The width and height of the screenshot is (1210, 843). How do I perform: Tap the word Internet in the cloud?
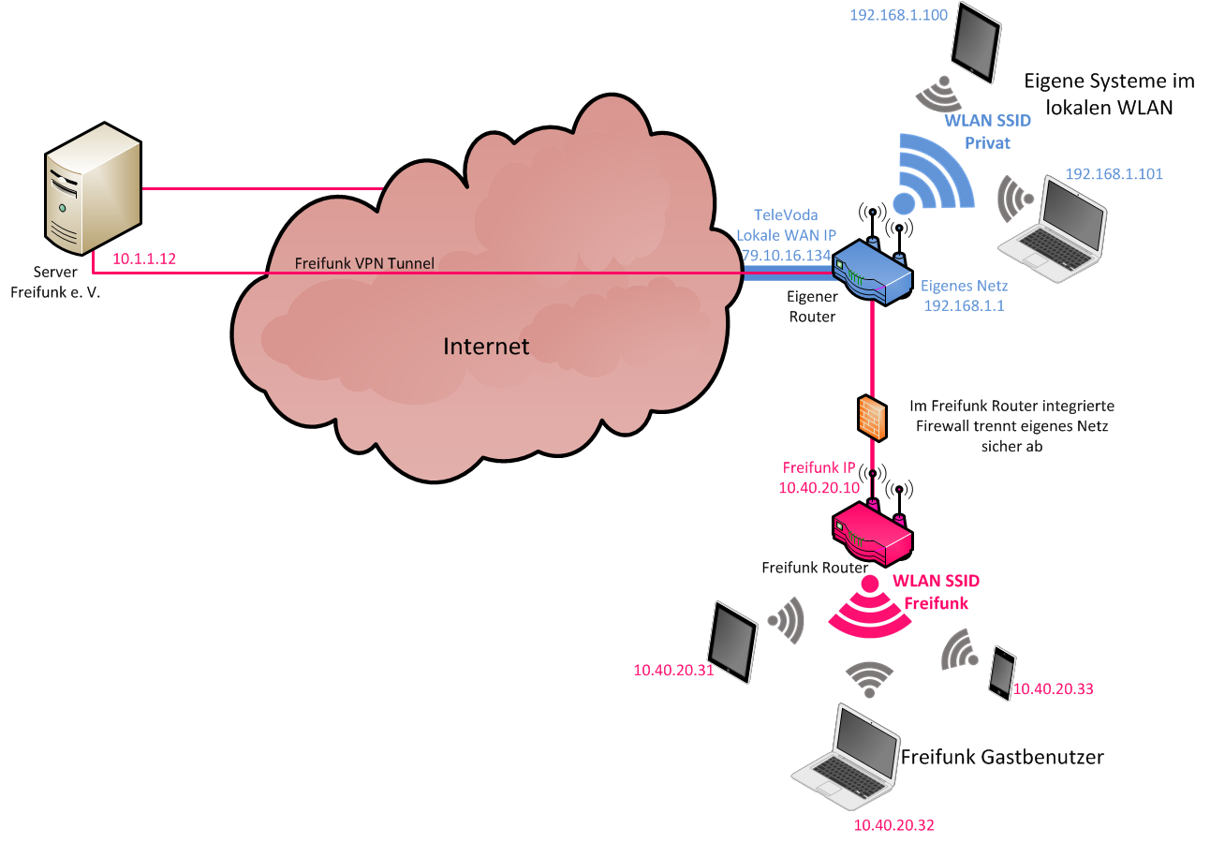pos(486,347)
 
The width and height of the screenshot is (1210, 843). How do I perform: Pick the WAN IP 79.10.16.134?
pos(786,255)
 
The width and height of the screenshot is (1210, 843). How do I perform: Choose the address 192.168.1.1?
pos(964,305)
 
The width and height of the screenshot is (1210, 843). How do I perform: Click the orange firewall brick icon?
pos(872,418)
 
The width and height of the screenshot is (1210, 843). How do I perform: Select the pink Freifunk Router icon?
pos(872,530)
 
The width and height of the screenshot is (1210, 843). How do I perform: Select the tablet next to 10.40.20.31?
pos(733,643)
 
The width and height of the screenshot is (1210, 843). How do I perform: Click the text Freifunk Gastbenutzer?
pos(1002,757)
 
